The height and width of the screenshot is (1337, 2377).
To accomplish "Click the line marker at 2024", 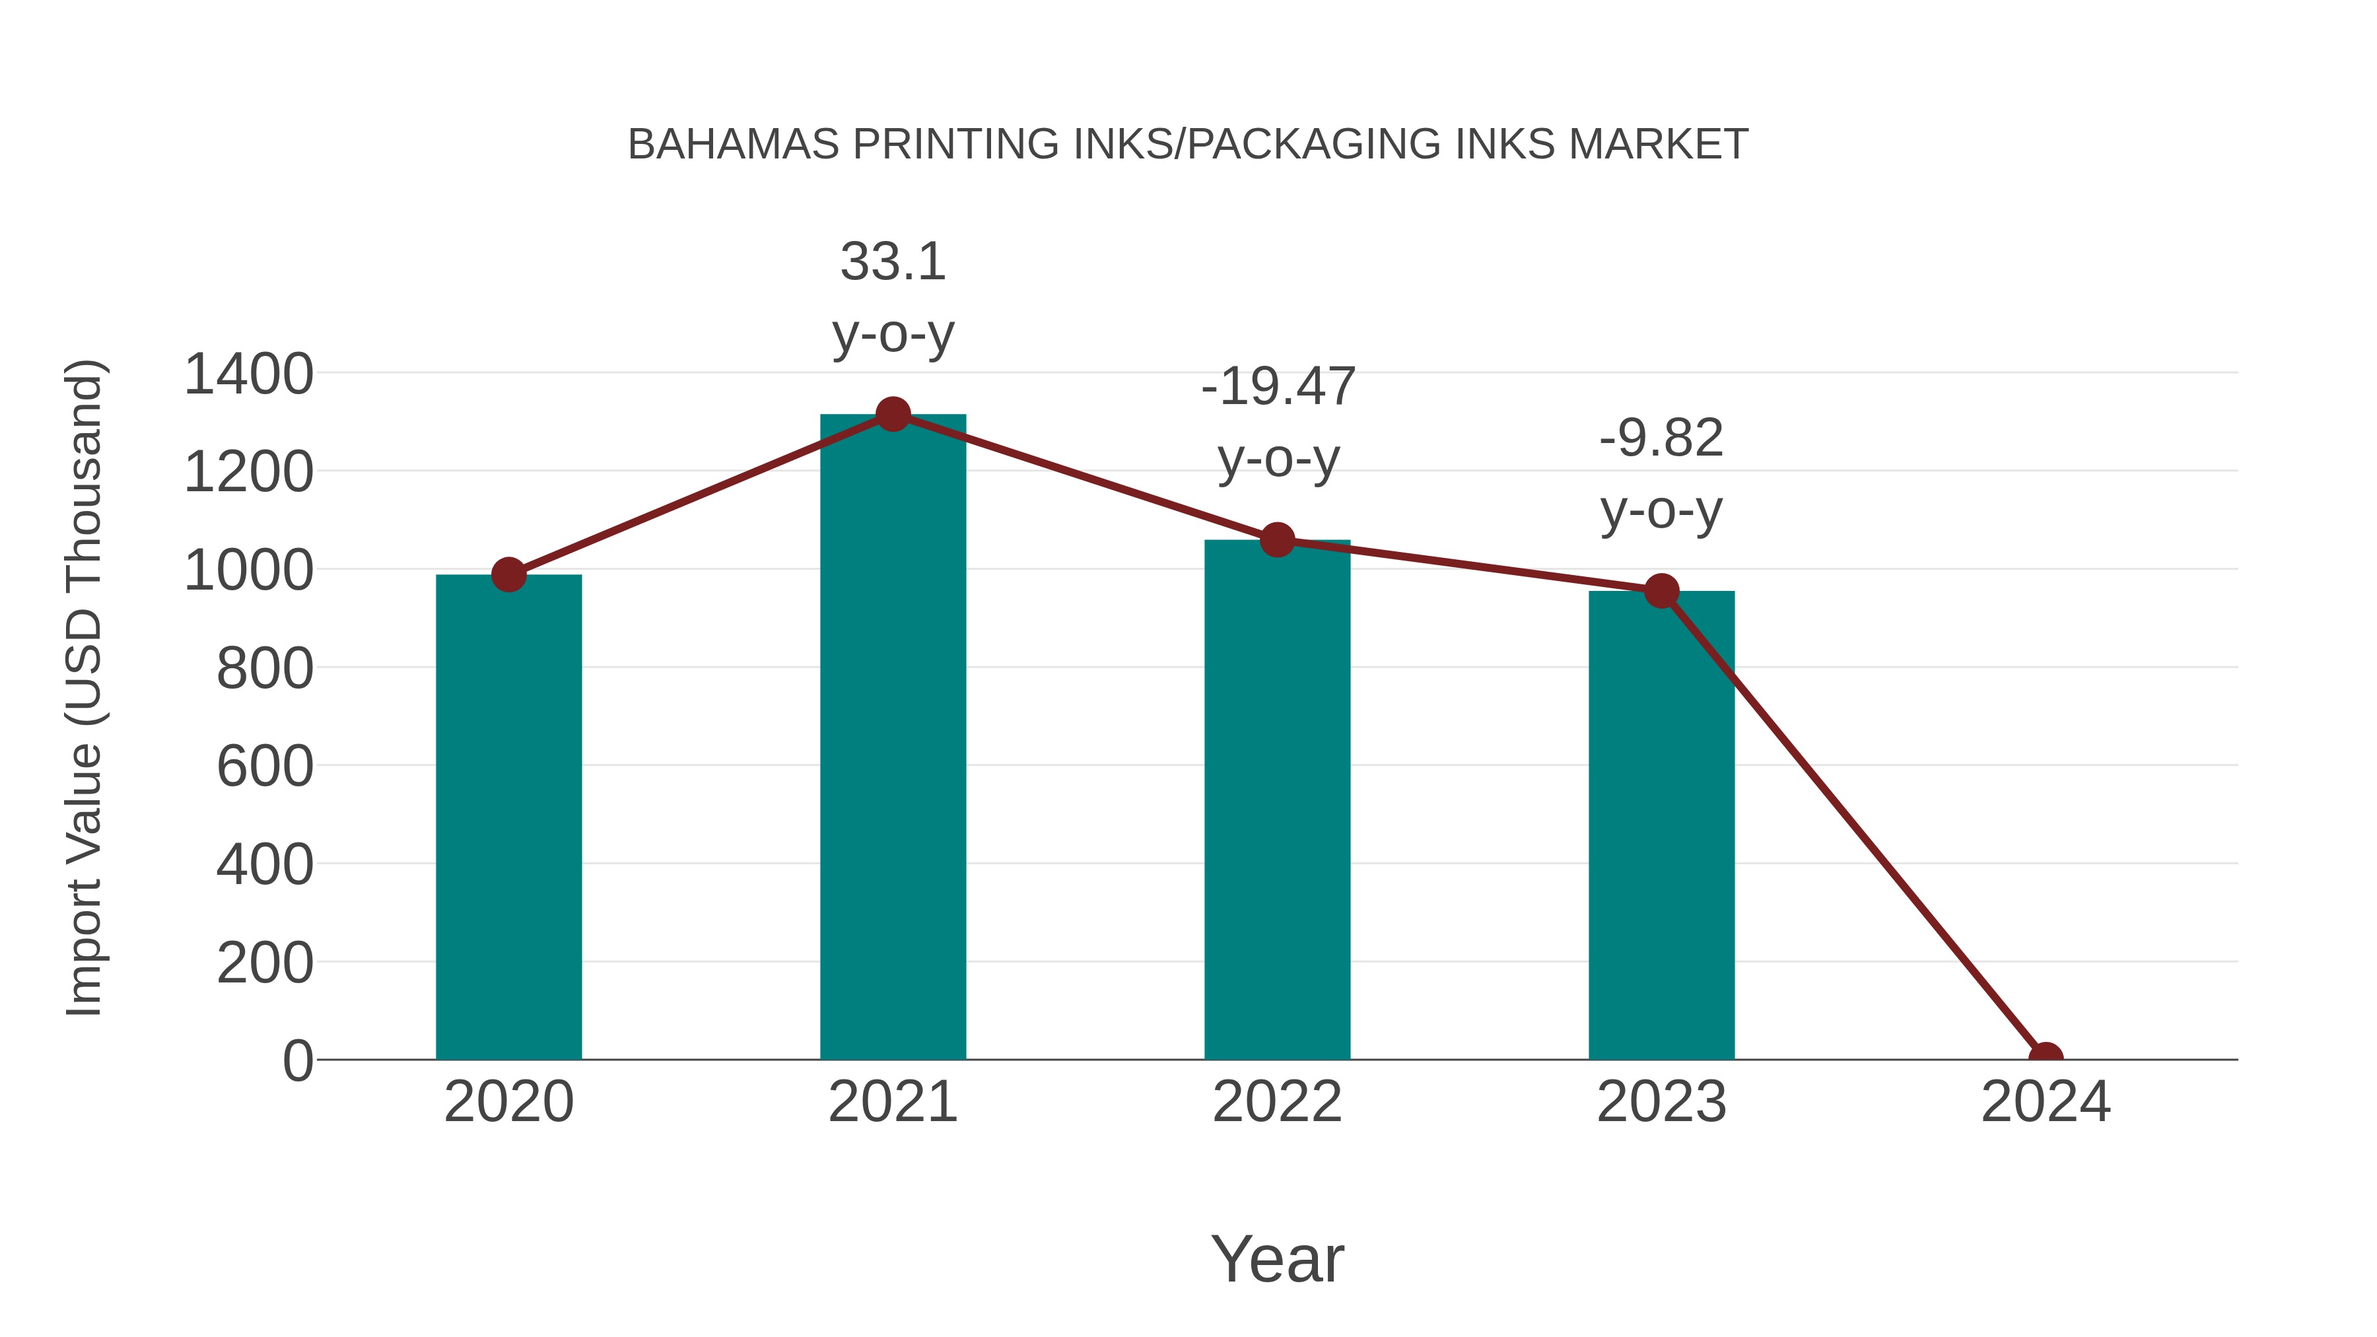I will coord(2045,1058).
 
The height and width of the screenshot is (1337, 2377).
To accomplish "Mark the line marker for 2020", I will coord(508,575).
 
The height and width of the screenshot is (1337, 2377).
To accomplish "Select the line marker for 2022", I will coord(1277,540).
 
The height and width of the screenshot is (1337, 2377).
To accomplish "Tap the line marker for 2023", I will coord(1661,592).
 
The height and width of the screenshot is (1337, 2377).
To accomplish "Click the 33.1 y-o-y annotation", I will coord(892,297).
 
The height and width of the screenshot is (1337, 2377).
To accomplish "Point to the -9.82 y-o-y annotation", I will coord(1661,473).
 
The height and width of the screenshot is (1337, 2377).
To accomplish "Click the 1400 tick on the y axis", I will coord(248,374).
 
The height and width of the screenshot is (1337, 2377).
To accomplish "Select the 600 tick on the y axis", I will coord(265,766).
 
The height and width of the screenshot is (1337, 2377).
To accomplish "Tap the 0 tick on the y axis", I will coord(297,1060).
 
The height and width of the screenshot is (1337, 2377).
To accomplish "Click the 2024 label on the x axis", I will coord(2045,1102).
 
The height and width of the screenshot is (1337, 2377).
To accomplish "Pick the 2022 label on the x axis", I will coord(1277,1102).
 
